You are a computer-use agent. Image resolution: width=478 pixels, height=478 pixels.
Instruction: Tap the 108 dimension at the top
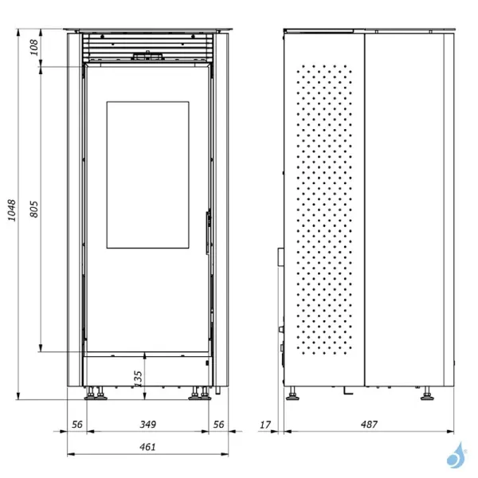pyautogui.click(x=33, y=48)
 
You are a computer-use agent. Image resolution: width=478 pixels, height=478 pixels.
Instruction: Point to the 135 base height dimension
pyautogui.click(x=137, y=375)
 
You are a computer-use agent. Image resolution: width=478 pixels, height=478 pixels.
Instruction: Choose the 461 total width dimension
pyautogui.click(x=147, y=447)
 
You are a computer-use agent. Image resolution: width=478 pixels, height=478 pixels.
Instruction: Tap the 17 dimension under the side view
pyautogui.click(x=265, y=425)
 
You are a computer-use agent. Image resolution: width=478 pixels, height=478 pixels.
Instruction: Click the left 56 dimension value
pyautogui.click(x=77, y=425)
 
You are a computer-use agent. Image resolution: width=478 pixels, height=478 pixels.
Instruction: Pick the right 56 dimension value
pyautogui.click(x=217, y=425)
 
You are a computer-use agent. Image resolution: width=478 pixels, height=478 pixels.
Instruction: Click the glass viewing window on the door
pyautogui.click(x=147, y=174)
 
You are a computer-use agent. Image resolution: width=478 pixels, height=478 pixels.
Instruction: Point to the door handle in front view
pyautogui.click(x=208, y=232)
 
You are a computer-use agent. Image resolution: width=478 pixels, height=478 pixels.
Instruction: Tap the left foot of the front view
pyautogui.click(x=96, y=393)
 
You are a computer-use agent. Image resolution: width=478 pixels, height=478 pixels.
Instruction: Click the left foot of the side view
pyautogui.click(x=293, y=393)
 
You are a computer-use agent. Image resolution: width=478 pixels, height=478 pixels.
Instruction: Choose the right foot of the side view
pyautogui.click(x=425, y=393)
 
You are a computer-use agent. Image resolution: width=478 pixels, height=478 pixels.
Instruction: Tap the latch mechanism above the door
pyautogui.click(x=147, y=57)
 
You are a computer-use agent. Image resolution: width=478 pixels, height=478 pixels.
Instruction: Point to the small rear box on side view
pyautogui.click(x=280, y=257)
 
